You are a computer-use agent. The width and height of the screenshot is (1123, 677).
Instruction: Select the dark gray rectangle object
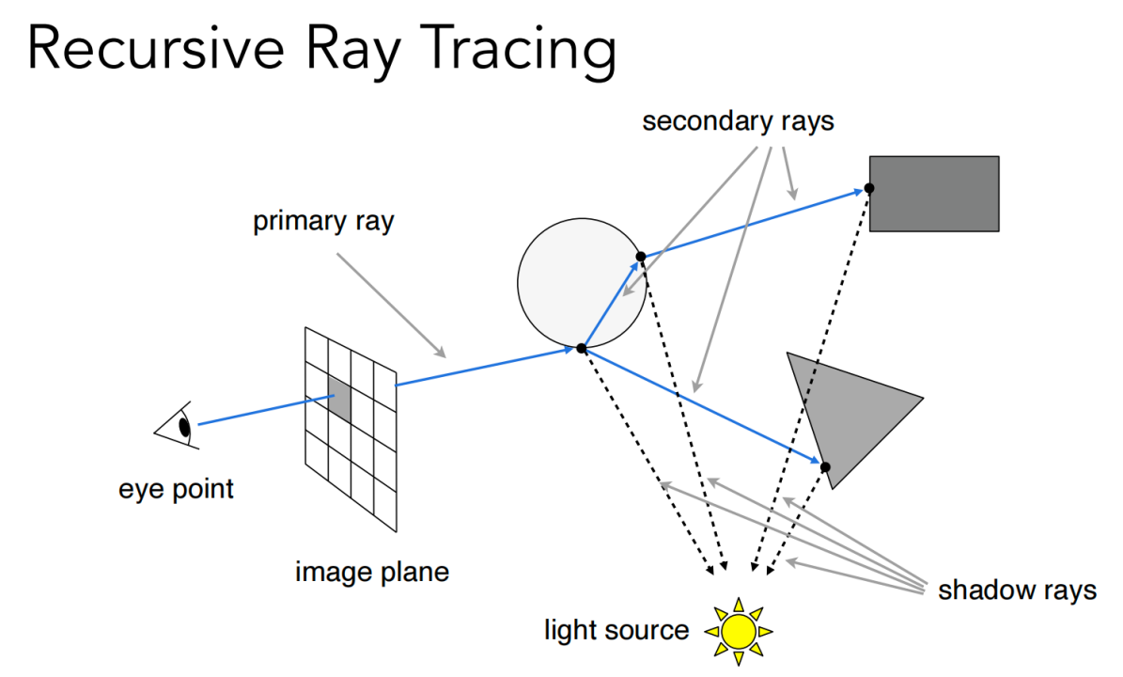click(x=933, y=194)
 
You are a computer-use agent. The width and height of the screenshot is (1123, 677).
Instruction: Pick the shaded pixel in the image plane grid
click(x=338, y=400)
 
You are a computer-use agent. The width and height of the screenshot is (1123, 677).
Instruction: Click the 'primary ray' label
click(x=323, y=223)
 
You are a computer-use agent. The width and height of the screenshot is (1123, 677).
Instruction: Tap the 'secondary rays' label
click(x=738, y=122)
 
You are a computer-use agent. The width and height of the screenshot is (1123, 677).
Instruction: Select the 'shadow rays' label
click(x=1017, y=590)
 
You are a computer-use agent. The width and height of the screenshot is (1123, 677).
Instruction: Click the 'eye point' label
click(x=176, y=489)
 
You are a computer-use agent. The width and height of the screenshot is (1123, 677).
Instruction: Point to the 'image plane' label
click(x=372, y=571)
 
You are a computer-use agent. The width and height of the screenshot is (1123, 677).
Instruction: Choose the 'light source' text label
click(x=616, y=629)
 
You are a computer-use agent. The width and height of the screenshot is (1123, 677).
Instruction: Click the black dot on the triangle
click(x=825, y=467)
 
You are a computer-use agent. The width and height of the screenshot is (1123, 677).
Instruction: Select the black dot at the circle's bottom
click(x=582, y=348)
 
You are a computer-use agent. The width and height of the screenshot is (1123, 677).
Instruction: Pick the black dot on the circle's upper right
click(x=640, y=256)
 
